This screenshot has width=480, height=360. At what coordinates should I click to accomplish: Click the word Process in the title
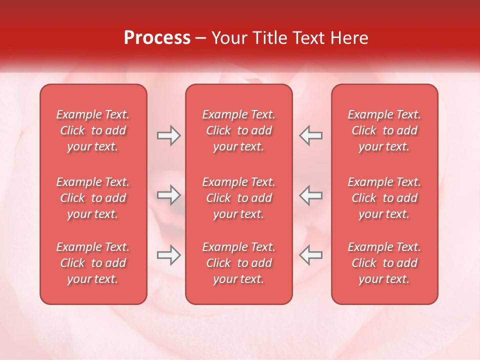(157, 38)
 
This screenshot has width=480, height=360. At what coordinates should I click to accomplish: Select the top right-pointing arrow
(169, 135)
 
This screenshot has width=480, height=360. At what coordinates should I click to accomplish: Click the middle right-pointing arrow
(169, 195)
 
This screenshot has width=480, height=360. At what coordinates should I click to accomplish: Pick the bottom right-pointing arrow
(169, 255)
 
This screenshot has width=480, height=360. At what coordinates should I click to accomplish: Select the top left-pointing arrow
(311, 135)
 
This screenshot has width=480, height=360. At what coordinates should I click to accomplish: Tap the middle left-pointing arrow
(311, 195)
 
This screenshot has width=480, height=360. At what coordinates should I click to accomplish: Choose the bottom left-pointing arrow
(311, 255)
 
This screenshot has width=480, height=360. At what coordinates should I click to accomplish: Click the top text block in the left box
(93, 130)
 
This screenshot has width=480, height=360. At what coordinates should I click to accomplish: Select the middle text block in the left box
(93, 198)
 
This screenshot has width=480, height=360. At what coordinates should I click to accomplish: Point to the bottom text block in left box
(93, 263)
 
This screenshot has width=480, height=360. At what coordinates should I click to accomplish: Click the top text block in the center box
(239, 130)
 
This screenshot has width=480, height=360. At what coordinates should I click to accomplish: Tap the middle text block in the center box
(239, 198)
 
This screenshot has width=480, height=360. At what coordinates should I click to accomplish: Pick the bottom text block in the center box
(239, 263)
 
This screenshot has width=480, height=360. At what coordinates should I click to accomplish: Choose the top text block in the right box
(384, 130)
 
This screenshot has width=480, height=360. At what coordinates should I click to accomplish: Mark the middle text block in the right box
(384, 198)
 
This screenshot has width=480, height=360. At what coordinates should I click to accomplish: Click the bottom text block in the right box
(384, 263)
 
